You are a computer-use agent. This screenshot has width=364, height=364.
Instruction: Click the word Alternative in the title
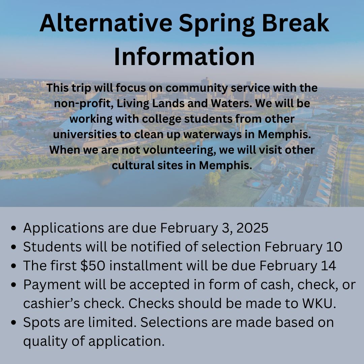[x=106, y=23]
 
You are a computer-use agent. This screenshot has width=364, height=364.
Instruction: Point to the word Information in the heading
[x=184, y=56]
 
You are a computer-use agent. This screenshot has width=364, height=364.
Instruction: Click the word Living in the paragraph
[x=133, y=104]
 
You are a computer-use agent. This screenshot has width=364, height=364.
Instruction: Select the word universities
[x=85, y=134]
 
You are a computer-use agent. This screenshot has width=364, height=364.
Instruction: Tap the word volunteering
[x=178, y=150]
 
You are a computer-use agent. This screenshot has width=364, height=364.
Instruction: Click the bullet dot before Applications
[x=13, y=228]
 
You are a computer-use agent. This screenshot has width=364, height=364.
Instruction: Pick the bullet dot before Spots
[x=13, y=323]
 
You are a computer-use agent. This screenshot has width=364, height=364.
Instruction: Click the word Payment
[x=52, y=285]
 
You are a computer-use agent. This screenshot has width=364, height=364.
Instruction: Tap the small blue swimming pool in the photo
[x=256, y=184]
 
